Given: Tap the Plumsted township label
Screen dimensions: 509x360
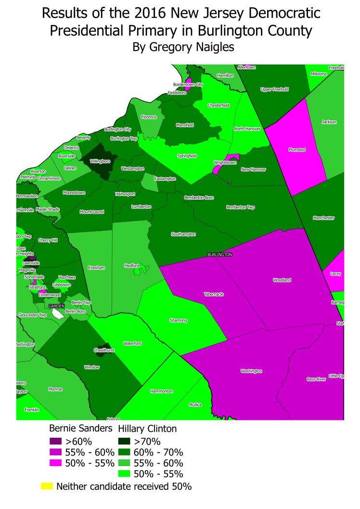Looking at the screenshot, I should [297, 150].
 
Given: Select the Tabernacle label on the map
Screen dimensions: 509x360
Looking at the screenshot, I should [214, 294].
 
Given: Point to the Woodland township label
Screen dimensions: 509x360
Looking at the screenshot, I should [282, 280].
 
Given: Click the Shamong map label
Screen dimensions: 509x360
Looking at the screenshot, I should [178, 320].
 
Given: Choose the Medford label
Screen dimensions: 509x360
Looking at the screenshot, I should [131, 265].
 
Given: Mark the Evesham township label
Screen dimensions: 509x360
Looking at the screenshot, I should [97, 268].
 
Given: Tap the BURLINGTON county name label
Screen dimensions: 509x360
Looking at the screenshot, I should [220, 254].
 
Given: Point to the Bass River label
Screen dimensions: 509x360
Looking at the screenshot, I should [316, 379].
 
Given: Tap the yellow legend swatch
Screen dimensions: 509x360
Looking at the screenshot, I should [47, 486].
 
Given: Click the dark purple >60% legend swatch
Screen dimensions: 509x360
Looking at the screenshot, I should [56, 441].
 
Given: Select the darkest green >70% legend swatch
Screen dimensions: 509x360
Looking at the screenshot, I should [124, 441].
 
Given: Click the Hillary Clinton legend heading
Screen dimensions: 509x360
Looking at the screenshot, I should [147, 428].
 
